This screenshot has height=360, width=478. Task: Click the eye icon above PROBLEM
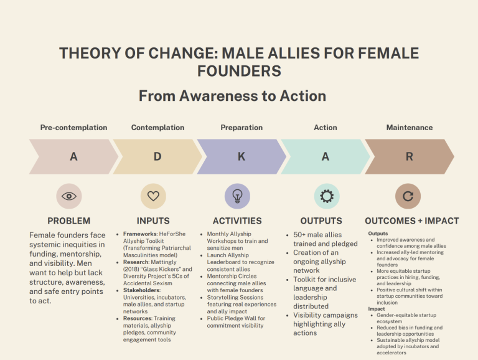click(68, 196)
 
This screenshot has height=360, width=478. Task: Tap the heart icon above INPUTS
click(153, 196)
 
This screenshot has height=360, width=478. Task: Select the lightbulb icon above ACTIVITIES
click(237, 196)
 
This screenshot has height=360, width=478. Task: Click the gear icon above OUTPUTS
click(326, 196)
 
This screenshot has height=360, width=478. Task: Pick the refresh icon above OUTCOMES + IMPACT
click(408, 196)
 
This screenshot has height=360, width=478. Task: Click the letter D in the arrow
click(157, 157)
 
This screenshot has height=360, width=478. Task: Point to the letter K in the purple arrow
click(241, 157)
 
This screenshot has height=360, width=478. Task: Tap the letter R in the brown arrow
click(409, 157)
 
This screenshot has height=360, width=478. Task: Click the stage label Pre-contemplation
click(73, 128)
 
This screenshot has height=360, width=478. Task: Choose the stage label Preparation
click(241, 128)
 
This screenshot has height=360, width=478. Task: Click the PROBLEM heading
click(68, 221)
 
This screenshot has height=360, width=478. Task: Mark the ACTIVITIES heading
click(237, 221)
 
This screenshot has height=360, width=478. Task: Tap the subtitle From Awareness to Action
click(232, 96)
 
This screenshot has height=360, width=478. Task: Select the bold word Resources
click(138, 318)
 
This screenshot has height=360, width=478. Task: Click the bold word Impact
click(377, 308)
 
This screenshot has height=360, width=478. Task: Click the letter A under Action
click(325, 157)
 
